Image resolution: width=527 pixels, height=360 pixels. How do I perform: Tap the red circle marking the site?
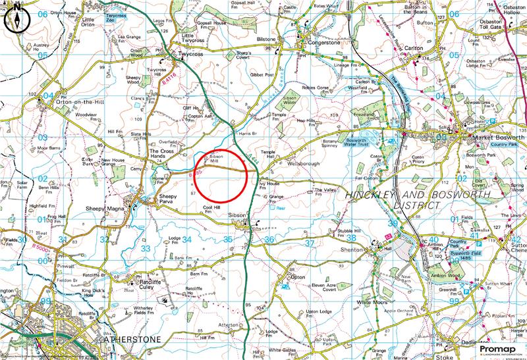pos(220,174)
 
